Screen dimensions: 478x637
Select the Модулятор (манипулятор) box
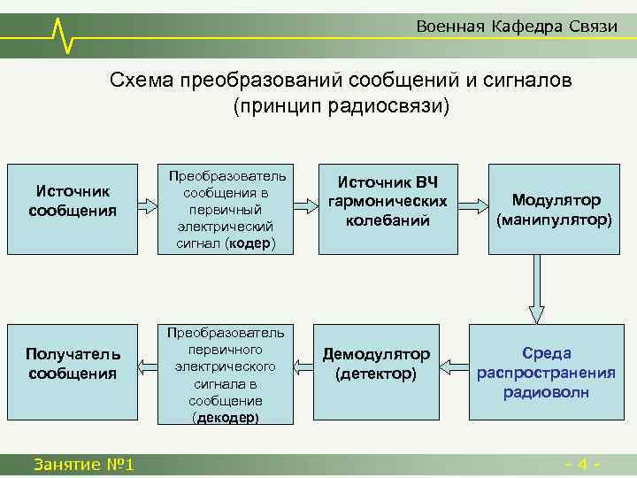pos(553,210)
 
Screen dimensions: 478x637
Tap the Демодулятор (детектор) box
pos(375,364)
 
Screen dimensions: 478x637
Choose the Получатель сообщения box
pos(73,364)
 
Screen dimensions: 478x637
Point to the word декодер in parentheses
pos(226,417)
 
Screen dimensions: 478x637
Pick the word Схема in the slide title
pos(142,81)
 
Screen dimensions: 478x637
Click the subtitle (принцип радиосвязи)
pos(341,105)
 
